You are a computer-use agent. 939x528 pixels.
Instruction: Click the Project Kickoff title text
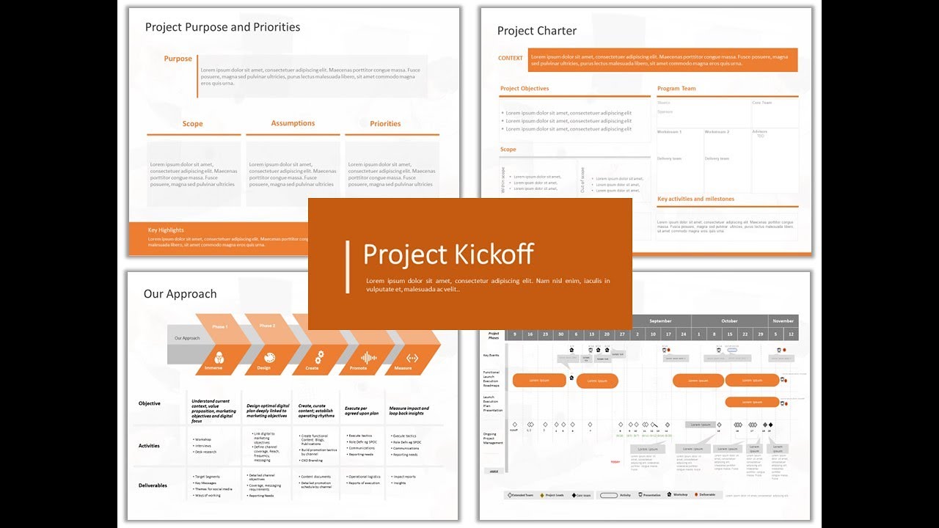448,254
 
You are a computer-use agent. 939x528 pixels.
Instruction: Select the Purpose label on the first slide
178,59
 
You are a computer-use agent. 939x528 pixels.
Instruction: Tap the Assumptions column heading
293,123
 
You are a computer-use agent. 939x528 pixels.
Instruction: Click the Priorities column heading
385,124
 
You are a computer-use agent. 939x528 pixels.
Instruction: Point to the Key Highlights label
166,230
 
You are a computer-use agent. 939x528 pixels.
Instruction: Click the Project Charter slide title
537,31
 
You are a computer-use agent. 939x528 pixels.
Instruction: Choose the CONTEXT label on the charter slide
511,59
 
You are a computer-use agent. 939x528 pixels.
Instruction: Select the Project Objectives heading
525,89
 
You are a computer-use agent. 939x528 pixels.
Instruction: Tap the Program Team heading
676,89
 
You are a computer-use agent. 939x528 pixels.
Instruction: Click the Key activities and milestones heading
695,199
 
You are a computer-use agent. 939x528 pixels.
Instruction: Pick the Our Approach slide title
180,294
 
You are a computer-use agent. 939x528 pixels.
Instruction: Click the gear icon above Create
319,357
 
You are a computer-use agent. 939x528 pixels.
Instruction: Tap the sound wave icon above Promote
368,357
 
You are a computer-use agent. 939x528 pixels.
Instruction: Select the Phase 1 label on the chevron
219,326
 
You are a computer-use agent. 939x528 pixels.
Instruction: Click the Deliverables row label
153,485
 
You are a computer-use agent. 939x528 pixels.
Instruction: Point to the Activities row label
149,446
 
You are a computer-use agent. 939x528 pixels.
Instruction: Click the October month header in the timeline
729,321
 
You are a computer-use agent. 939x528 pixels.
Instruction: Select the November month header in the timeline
783,321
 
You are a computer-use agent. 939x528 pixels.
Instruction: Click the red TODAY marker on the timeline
615,462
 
